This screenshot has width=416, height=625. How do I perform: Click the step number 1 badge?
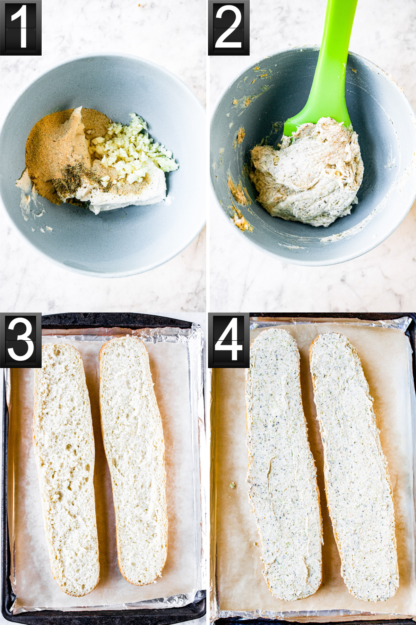(20, 27)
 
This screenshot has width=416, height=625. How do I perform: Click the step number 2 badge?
(228, 27)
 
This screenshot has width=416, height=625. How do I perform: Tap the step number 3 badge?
(20, 340)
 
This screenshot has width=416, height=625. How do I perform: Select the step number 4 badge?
(228, 340)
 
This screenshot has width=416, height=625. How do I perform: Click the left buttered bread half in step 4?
(283, 465)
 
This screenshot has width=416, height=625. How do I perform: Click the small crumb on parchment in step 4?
(232, 485)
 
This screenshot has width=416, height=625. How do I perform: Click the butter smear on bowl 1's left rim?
(29, 201)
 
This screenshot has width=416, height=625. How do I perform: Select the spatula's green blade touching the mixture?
(317, 123)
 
